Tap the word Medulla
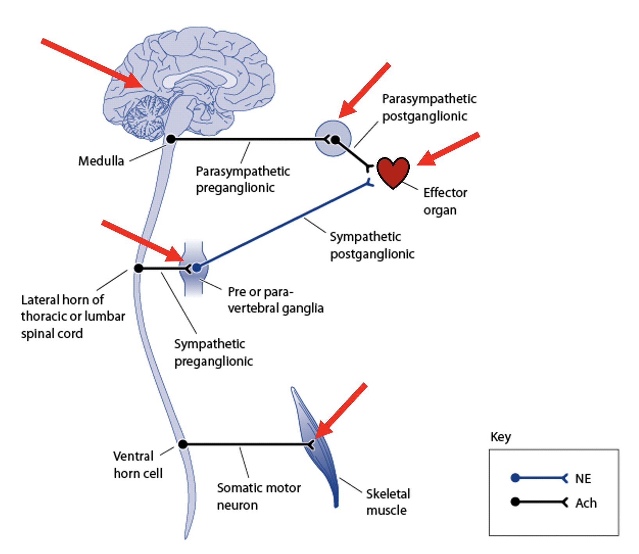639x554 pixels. coord(101,161)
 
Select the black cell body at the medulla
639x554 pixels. coord(171,139)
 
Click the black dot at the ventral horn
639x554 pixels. coord(182,444)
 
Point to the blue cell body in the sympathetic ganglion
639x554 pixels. coord(197,268)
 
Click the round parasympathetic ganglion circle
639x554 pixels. coord(333,139)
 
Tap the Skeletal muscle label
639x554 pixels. coord(388,502)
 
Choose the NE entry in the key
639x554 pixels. coord(583,478)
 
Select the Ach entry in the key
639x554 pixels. coord(585,502)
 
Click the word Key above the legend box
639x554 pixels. coord(500,436)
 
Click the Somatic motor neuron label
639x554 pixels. coord(259,496)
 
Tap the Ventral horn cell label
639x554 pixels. coord(137,465)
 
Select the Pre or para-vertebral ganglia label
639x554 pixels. coord(275,300)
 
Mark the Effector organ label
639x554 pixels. coord(445,201)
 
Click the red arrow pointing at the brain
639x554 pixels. coord(92,63)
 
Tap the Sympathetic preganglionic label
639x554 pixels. coord(213,352)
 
